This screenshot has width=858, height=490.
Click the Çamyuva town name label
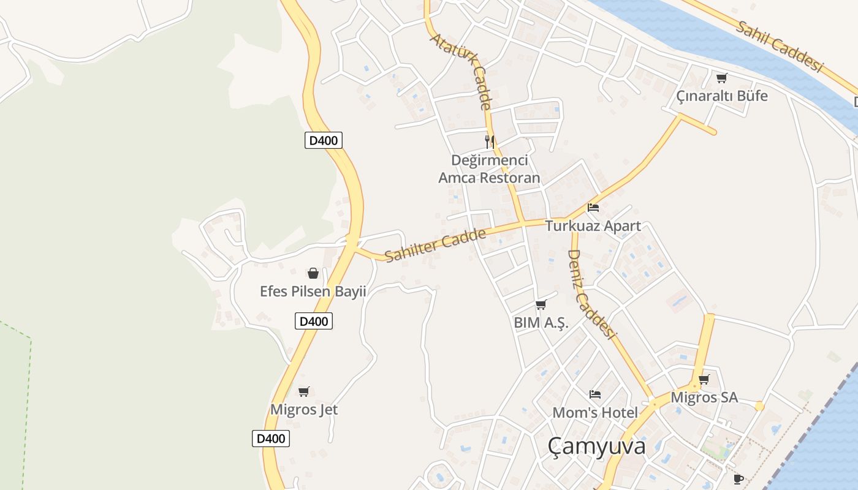coord(596,446)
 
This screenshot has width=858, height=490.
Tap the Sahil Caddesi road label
coord(778,46)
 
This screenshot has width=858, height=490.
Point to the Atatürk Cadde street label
coord(461,71)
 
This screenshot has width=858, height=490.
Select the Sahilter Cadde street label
coord(435,244)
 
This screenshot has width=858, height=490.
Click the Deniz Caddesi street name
coord(590,293)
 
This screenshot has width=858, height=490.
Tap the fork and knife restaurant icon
coord(490,142)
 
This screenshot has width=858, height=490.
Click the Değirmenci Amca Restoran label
coord(489,169)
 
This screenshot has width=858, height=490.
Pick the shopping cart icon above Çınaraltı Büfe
coord(721,78)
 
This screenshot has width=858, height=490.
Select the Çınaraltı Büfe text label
coord(721,96)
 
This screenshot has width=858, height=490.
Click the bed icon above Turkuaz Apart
coord(593,208)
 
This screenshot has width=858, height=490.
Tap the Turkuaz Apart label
coord(593,226)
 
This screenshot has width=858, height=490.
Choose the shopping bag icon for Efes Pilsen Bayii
coord(313,273)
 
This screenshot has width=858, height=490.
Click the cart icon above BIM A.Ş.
coord(541,304)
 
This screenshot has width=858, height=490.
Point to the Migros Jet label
coord(304,409)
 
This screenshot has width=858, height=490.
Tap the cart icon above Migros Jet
coord(303,391)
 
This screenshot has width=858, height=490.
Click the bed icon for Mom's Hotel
coord(594,394)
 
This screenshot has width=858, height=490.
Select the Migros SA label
coord(704,398)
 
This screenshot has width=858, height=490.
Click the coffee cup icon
coord(738,478)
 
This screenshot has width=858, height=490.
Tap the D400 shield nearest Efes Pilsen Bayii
coord(314,321)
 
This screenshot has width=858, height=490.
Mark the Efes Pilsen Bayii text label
coord(313,292)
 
